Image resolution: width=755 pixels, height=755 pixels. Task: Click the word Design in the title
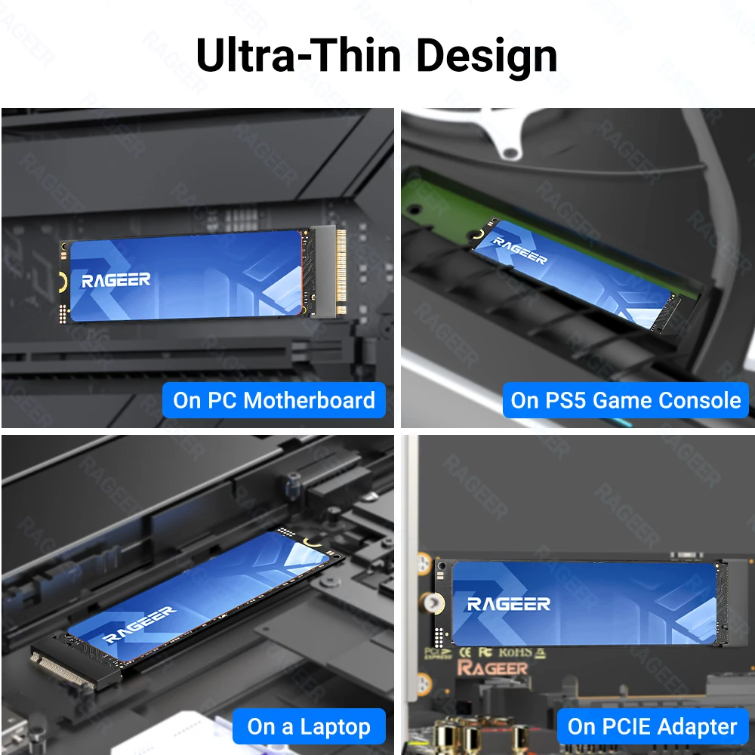tap(487, 54)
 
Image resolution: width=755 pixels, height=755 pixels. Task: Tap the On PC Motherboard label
tap(273, 400)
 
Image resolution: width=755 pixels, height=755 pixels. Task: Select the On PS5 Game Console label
tap(625, 400)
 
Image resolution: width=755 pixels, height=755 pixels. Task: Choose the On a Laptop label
tap(309, 727)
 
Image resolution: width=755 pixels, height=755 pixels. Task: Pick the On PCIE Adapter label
tap(652, 727)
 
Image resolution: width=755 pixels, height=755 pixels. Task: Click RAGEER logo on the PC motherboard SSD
tap(116, 281)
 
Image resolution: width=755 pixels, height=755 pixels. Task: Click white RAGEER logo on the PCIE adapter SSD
tap(508, 604)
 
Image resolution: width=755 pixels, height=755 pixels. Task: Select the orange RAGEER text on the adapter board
tap(492, 668)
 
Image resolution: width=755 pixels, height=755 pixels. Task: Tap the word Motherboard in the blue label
tap(310, 400)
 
